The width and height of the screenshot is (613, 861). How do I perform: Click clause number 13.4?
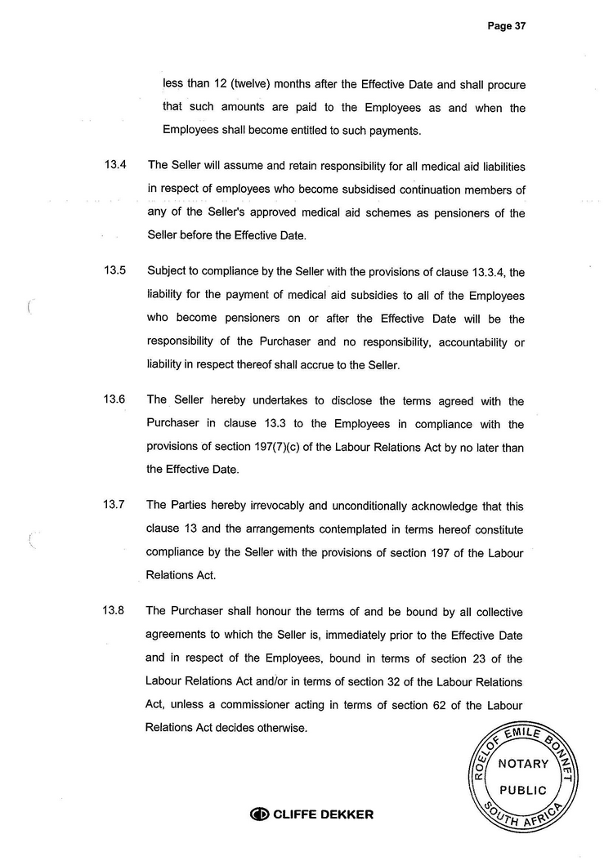pos(114,166)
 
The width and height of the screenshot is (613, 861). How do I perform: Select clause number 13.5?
pos(114,272)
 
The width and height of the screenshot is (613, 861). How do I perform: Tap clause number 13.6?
pos(114,400)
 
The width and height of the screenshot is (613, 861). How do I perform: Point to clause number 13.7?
pos(114,506)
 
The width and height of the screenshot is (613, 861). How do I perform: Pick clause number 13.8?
pos(114,612)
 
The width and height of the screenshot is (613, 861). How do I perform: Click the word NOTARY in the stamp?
pos(524,765)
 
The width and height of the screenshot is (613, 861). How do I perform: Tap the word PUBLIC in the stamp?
pos(524,790)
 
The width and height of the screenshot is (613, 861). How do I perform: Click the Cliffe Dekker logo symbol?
pos(260,814)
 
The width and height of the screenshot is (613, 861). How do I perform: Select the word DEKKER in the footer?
pos(344,814)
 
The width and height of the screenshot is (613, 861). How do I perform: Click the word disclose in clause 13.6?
pos(319,400)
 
